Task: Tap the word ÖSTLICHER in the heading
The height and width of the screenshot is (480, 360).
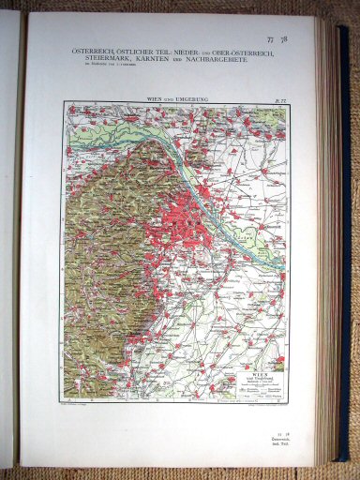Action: (x=137, y=52)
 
